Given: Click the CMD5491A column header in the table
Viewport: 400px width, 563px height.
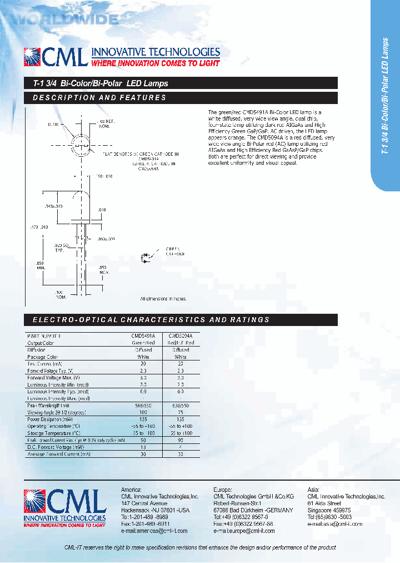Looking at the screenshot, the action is coord(143,336).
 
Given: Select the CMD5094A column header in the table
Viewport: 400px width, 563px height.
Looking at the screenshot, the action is coord(181,336).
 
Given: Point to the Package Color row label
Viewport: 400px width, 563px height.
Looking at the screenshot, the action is coord(43,357).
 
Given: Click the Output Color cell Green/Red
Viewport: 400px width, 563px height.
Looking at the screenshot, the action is coord(143,343).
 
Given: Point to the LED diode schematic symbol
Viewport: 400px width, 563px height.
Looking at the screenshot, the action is coord(146,256).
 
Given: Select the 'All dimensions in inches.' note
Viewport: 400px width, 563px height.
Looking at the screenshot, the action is coord(163,299).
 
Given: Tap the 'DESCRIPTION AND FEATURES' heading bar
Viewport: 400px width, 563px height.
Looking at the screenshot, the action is coord(100,98).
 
